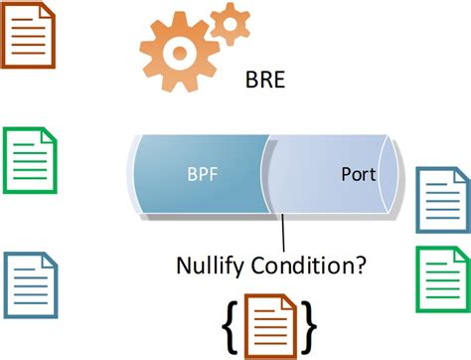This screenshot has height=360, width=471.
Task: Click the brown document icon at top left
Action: point(31,35)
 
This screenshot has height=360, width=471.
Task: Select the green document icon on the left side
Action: point(31,159)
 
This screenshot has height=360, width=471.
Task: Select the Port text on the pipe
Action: point(357,175)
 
